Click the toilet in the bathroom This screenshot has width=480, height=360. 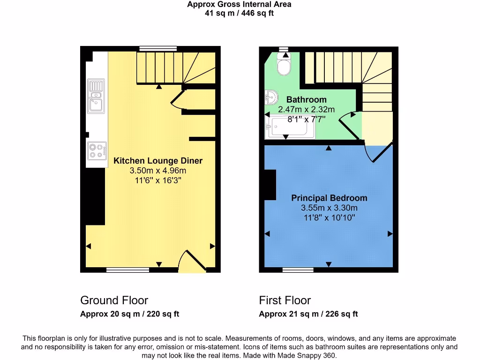pyautogui.click(x=284, y=65)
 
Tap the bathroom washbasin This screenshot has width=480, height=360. pyautogui.click(x=271, y=98)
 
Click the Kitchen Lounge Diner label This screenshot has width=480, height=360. pyautogui.click(x=158, y=161)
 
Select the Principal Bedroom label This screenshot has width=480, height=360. pyautogui.click(x=329, y=198)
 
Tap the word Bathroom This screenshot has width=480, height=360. pyautogui.click(x=306, y=99)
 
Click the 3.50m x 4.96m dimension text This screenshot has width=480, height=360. pyautogui.click(x=158, y=171)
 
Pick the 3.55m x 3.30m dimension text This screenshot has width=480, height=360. pyautogui.click(x=329, y=208)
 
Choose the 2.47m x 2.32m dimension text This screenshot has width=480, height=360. pyautogui.click(x=306, y=109)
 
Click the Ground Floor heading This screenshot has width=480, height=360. pyautogui.click(x=114, y=300)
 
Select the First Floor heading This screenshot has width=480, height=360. pyautogui.click(x=285, y=300)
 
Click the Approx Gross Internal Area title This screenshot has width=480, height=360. pyautogui.click(x=239, y=4)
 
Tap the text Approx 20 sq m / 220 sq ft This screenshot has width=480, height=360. pyautogui.click(x=129, y=314)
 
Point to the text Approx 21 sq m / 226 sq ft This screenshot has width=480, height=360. pyautogui.click(x=308, y=314)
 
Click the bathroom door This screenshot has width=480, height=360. pyautogui.click(x=349, y=127)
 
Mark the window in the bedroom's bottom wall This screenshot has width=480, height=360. pyautogui.click(x=298, y=270)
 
